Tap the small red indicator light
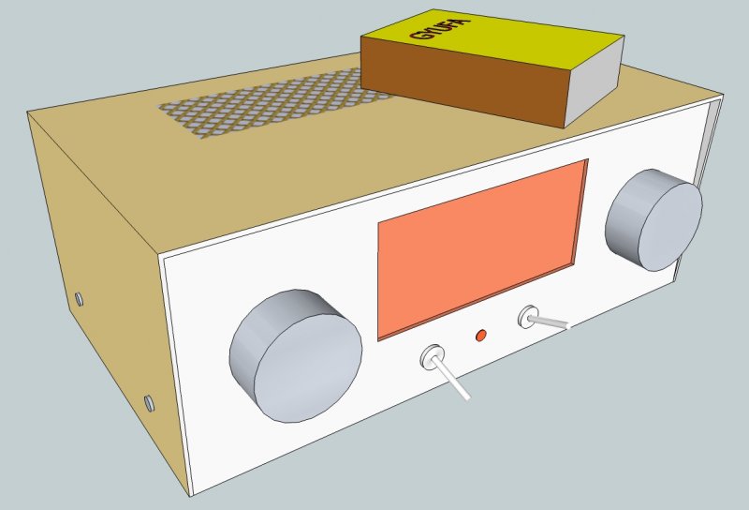(482, 335)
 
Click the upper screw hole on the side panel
(80, 299)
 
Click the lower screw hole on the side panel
(148, 403)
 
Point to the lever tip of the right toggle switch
(565, 327)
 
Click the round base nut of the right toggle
(529, 317)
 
